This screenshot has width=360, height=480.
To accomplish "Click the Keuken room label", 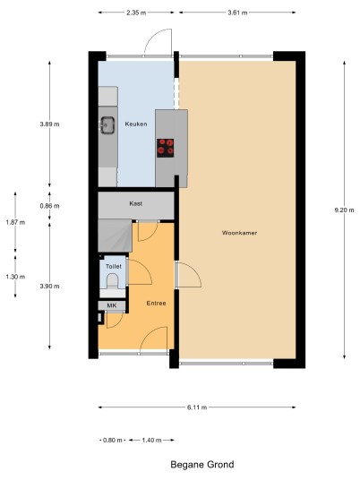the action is [x=136, y=124].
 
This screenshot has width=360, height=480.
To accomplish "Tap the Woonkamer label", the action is [x=239, y=233].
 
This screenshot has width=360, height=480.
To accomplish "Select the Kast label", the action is [x=135, y=203].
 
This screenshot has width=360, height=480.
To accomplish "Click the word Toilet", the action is [x=114, y=266].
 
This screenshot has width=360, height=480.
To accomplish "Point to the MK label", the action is [x=112, y=305].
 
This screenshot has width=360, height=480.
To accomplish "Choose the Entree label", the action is [x=156, y=303].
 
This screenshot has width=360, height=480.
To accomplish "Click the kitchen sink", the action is [x=107, y=125].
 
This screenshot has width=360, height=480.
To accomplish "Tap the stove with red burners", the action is [x=166, y=148].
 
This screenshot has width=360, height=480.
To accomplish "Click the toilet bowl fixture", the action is [x=112, y=281].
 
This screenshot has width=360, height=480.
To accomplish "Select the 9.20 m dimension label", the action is [x=345, y=210].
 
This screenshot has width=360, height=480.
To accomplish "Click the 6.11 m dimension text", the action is [x=197, y=407].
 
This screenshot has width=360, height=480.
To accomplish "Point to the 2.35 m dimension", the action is [x=136, y=13].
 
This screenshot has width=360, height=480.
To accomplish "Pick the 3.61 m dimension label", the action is [x=237, y=13].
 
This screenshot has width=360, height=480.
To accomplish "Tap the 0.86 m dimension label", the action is [x=49, y=206].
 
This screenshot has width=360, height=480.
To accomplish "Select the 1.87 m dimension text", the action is [x=15, y=223].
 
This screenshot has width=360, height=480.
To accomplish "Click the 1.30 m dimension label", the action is [x=15, y=277].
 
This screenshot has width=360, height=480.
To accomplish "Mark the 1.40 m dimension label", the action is [x=151, y=441].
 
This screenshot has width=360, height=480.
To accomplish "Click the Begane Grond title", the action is [x=202, y=465].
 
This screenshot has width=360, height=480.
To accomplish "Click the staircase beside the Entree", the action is [x=115, y=236].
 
